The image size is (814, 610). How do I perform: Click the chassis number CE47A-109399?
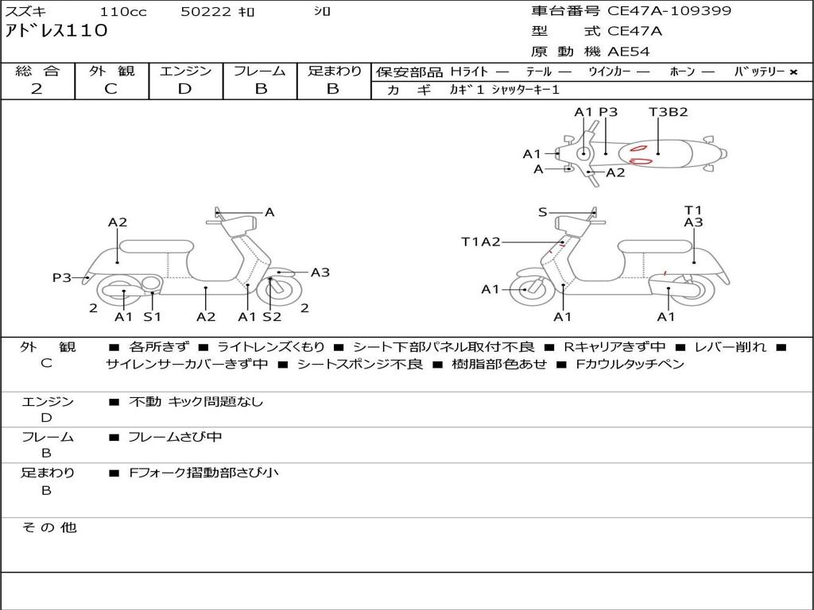[x=669, y=11]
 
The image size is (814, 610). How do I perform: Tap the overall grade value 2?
[x=37, y=89]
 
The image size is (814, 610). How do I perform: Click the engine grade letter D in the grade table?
[x=184, y=89]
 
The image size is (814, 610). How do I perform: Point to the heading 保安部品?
[x=409, y=72]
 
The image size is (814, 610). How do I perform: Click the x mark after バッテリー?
[x=793, y=72]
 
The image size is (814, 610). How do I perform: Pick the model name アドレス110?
[x=56, y=31]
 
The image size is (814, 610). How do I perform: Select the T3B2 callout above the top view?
[x=668, y=112]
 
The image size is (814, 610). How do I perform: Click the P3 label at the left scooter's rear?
[x=62, y=277]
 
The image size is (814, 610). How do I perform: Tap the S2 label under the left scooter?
[x=272, y=316]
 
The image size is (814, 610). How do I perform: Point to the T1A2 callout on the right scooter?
[x=481, y=241]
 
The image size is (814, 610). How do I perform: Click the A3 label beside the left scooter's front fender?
[x=320, y=272]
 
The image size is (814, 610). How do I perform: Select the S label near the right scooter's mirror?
[x=543, y=212]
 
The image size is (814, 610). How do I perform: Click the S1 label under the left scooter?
[x=152, y=316]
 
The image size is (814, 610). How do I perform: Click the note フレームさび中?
[x=175, y=438]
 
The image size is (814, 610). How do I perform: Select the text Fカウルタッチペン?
[x=630, y=364]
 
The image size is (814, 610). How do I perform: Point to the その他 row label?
[x=48, y=527]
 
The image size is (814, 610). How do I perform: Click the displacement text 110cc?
[x=123, y=11]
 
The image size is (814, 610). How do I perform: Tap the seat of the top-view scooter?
[x=655, y=154]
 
